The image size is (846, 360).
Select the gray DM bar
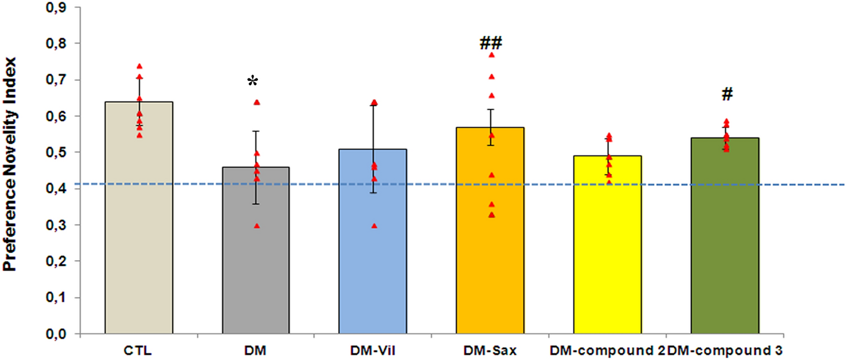256,252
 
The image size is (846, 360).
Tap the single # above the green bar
727,95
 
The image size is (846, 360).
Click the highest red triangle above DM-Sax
491,55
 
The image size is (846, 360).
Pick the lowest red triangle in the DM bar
257,226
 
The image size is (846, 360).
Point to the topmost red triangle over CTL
139,66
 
